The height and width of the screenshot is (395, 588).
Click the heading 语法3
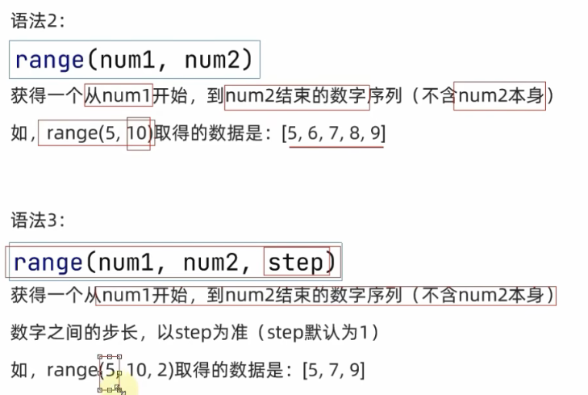point(37,221)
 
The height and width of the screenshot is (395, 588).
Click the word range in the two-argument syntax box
point(49,60)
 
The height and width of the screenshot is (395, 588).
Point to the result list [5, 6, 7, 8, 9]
point(333,134)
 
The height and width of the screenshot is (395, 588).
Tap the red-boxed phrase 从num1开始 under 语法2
point(119,97)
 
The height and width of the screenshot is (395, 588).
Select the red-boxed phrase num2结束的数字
point(297,97)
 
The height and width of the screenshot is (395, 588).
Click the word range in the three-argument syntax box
point(48,262)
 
